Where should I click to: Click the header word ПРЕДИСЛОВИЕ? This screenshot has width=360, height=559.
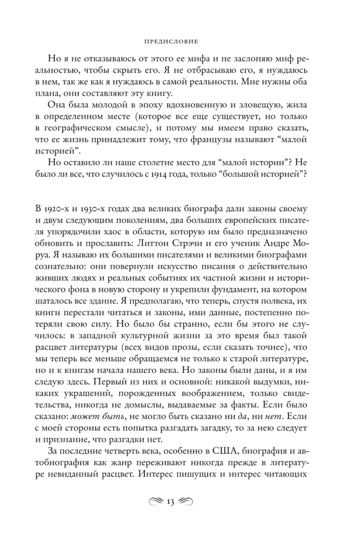[180, 41]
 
